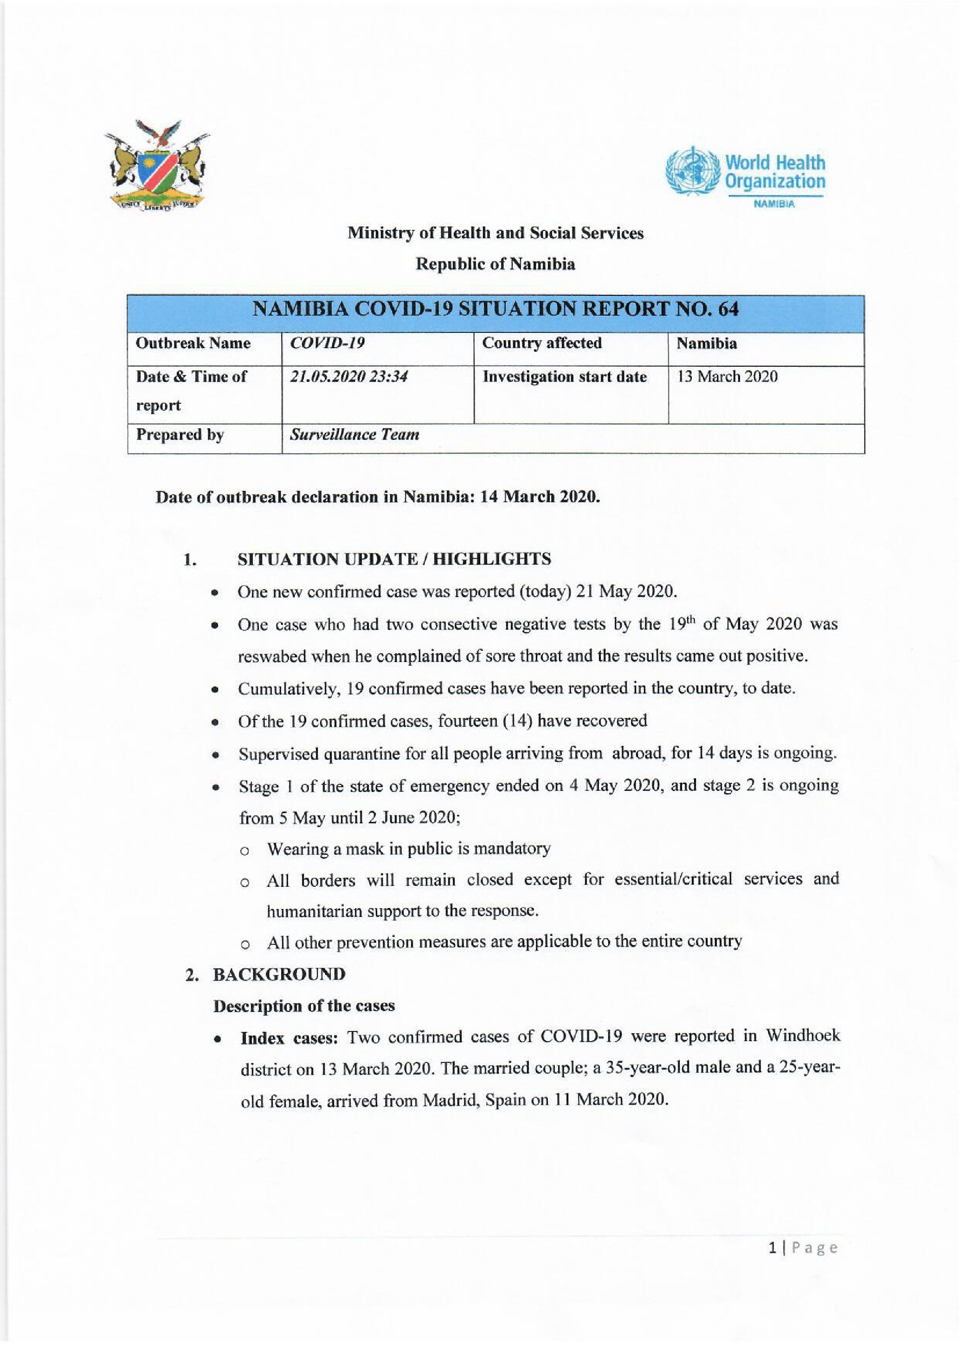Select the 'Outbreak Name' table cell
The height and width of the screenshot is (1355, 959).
[193, 344]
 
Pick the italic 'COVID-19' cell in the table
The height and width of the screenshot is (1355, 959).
[327, 344]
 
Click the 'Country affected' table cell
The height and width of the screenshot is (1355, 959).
[541, 344]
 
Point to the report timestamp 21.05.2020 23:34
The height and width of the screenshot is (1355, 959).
[348, 376]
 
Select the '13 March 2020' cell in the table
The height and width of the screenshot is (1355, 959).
[727, 376]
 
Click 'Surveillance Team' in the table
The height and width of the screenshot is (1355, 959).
[354, 435]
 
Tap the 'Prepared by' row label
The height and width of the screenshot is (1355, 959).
[180, 435]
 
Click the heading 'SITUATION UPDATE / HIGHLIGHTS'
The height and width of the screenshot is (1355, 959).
[394, 559]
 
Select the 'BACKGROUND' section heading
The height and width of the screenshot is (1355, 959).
[279, 974]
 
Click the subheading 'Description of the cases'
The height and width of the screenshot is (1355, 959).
[303, 1005]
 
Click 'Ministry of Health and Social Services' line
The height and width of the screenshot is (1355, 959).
[495, 233]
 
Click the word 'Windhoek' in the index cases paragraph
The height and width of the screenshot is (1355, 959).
[803, 1037]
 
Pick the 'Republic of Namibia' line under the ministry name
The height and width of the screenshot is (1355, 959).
[495, 264]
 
